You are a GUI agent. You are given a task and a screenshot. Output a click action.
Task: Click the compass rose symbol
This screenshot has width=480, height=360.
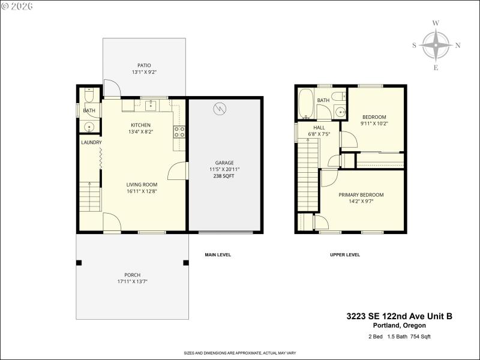[436, 46]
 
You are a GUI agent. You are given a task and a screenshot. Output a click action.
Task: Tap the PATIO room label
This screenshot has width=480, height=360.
[144, 65]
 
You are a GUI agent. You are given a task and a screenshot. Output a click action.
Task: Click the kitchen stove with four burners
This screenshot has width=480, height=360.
[179, 131]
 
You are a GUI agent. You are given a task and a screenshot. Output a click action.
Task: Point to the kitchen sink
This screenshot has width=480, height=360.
[151, 106]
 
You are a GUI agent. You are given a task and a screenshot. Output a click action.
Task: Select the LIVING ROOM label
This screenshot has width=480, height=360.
[142, 185]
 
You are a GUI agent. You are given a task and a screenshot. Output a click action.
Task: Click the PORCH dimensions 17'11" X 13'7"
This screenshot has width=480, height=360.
[133, 282]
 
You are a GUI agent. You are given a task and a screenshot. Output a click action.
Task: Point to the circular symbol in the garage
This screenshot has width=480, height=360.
[220, 109]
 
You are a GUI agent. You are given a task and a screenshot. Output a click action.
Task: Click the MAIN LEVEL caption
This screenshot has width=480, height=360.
[218, 255]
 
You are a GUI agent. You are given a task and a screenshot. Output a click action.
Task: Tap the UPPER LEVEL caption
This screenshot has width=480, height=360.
[345, 255]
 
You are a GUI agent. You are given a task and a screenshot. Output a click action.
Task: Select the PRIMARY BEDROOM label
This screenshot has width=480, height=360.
[361, 195]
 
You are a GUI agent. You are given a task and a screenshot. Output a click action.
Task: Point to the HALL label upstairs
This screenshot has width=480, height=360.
[319, 127]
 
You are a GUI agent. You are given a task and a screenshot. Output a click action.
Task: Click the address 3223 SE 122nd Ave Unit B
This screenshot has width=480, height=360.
[399, 316]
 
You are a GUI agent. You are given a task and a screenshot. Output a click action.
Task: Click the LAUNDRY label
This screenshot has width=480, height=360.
[91, 142]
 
